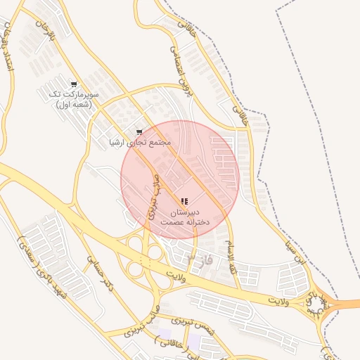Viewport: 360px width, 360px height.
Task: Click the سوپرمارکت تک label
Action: pos(74,94)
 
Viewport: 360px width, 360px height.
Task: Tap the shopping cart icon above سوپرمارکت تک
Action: pos(74,83)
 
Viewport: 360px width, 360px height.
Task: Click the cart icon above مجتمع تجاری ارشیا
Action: pos(139,131)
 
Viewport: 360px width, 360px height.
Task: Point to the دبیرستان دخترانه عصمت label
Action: pos(185,217)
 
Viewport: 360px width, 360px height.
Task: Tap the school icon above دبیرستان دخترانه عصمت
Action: pos(184,202)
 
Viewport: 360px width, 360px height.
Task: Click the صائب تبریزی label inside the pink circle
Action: pos(153,200)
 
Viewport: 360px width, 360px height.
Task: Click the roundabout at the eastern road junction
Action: pos(319,304)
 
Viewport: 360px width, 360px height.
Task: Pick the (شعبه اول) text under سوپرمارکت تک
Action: pos(74,105)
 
